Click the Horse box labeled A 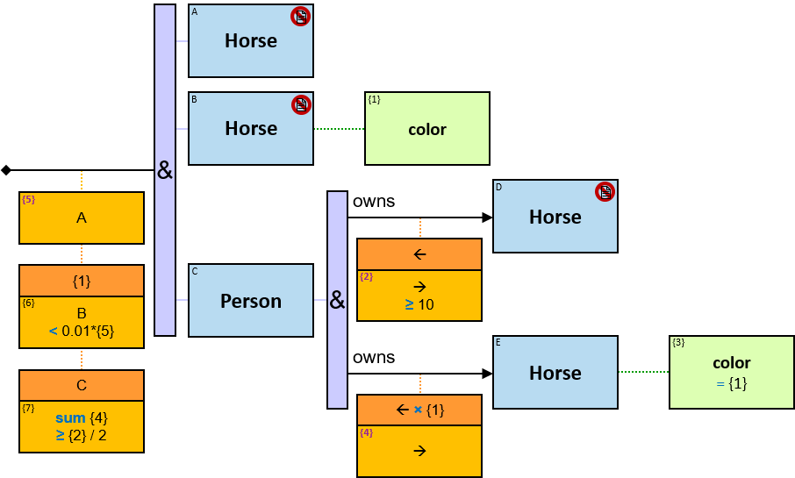[251, 40]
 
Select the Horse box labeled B [251, 128]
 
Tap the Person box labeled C [251, 301]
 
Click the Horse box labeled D [555, 217]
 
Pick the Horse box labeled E [555, 373]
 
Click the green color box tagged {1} [427, 129]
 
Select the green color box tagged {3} [732, 372]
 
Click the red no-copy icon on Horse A [301, 16]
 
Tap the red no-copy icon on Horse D [605, 191]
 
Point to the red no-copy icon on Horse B [301, 104]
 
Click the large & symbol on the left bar [165, 171]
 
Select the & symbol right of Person [338, 301]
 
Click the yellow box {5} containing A [82, 218]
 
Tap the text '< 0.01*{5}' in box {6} [82, 331]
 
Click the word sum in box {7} [70, 418]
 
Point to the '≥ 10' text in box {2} [419, 305]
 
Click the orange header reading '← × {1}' [419, 410]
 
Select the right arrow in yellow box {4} [419, 451]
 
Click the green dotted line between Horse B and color [339, 129]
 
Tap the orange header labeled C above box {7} [82, 385]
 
